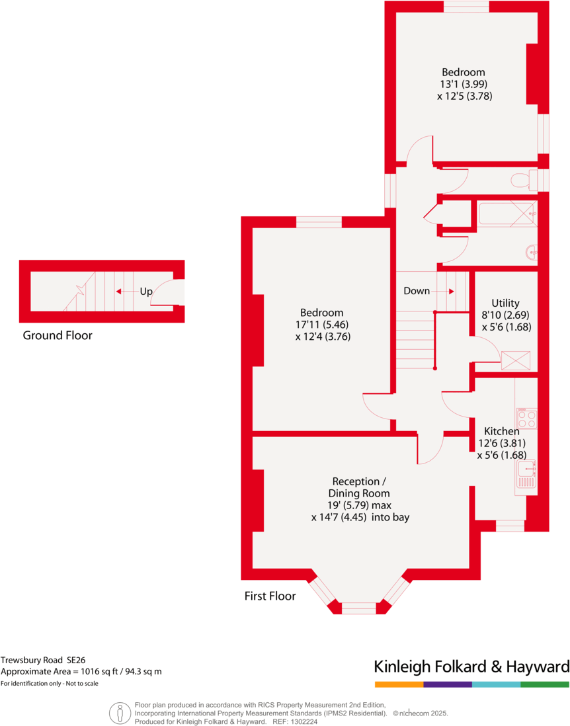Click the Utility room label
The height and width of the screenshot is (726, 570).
click(505, 303)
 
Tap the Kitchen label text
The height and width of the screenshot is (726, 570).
click(501, 431)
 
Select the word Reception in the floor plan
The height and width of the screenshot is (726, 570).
click(356, 481)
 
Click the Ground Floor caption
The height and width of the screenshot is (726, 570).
click(58, 335)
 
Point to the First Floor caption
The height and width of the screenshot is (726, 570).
click(270, 596)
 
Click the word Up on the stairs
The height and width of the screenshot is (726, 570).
click(146, 291)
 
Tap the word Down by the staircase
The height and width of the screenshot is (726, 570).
click(417, 291)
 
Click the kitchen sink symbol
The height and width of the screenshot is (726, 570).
click(526, 473)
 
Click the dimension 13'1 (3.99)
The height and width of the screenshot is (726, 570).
click(464, 84)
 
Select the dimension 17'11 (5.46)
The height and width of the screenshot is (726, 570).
click(322, 325)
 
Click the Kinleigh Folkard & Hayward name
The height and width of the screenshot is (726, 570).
click(471, 666)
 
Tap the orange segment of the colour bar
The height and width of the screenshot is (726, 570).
click(399, 684)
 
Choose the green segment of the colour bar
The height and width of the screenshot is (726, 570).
click(545, 684)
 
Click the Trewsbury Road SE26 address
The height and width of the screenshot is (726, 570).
click(43, 659)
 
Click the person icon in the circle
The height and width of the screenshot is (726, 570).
click(120, 713)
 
